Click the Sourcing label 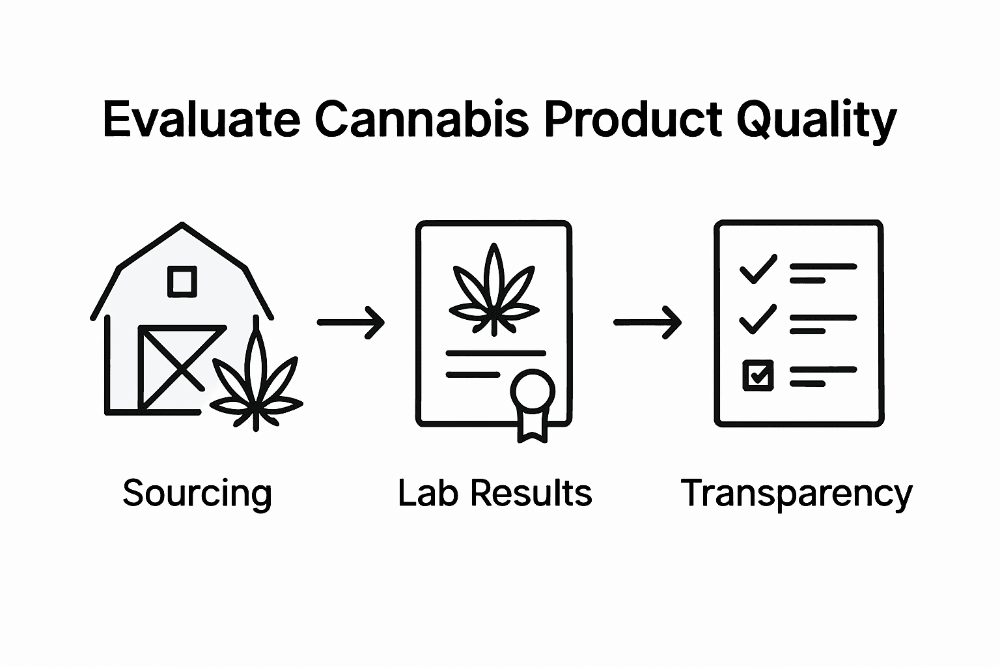click(197, 493)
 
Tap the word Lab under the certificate click(429, 492)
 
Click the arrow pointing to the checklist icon click(647, 322)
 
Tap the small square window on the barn click(182, 281)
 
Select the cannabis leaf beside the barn click(257, 384)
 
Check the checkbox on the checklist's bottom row click(758, 375)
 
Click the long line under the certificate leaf click(495, 354)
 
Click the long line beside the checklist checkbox click(823, 369)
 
